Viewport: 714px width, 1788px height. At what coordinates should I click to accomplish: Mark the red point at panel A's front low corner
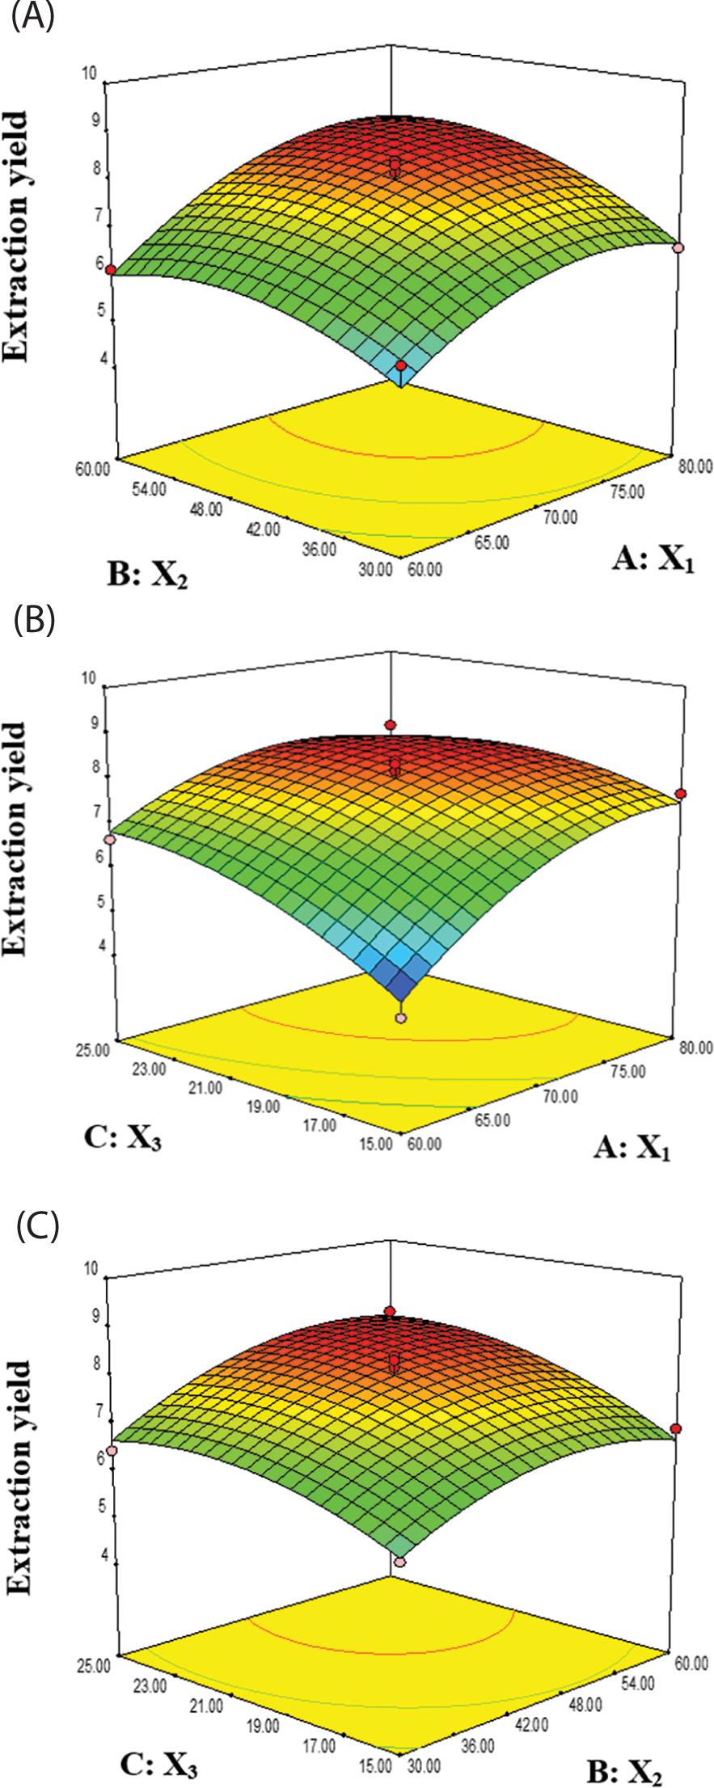pos(401,368)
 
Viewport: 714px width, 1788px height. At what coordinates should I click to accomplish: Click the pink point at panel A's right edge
pos(679,247)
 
